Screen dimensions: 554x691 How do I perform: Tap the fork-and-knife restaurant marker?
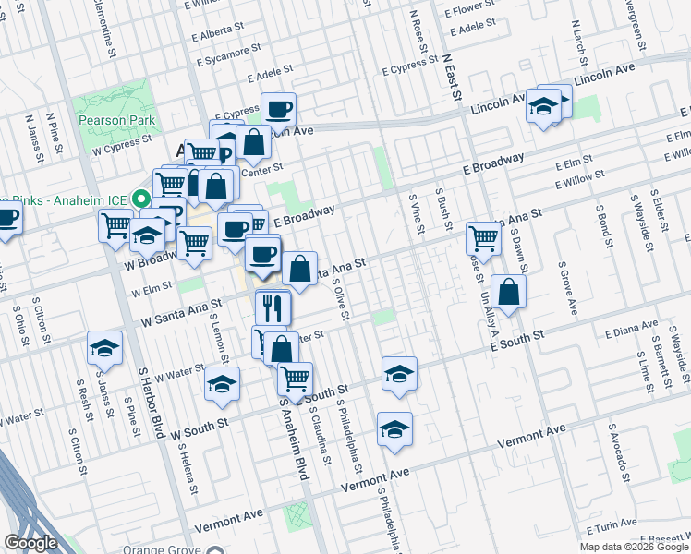[273, 307]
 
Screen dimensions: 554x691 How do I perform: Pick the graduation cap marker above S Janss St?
[105, 348]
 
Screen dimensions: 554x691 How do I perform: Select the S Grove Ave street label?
[566, 286]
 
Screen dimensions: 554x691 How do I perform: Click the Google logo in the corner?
[31, 543]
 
